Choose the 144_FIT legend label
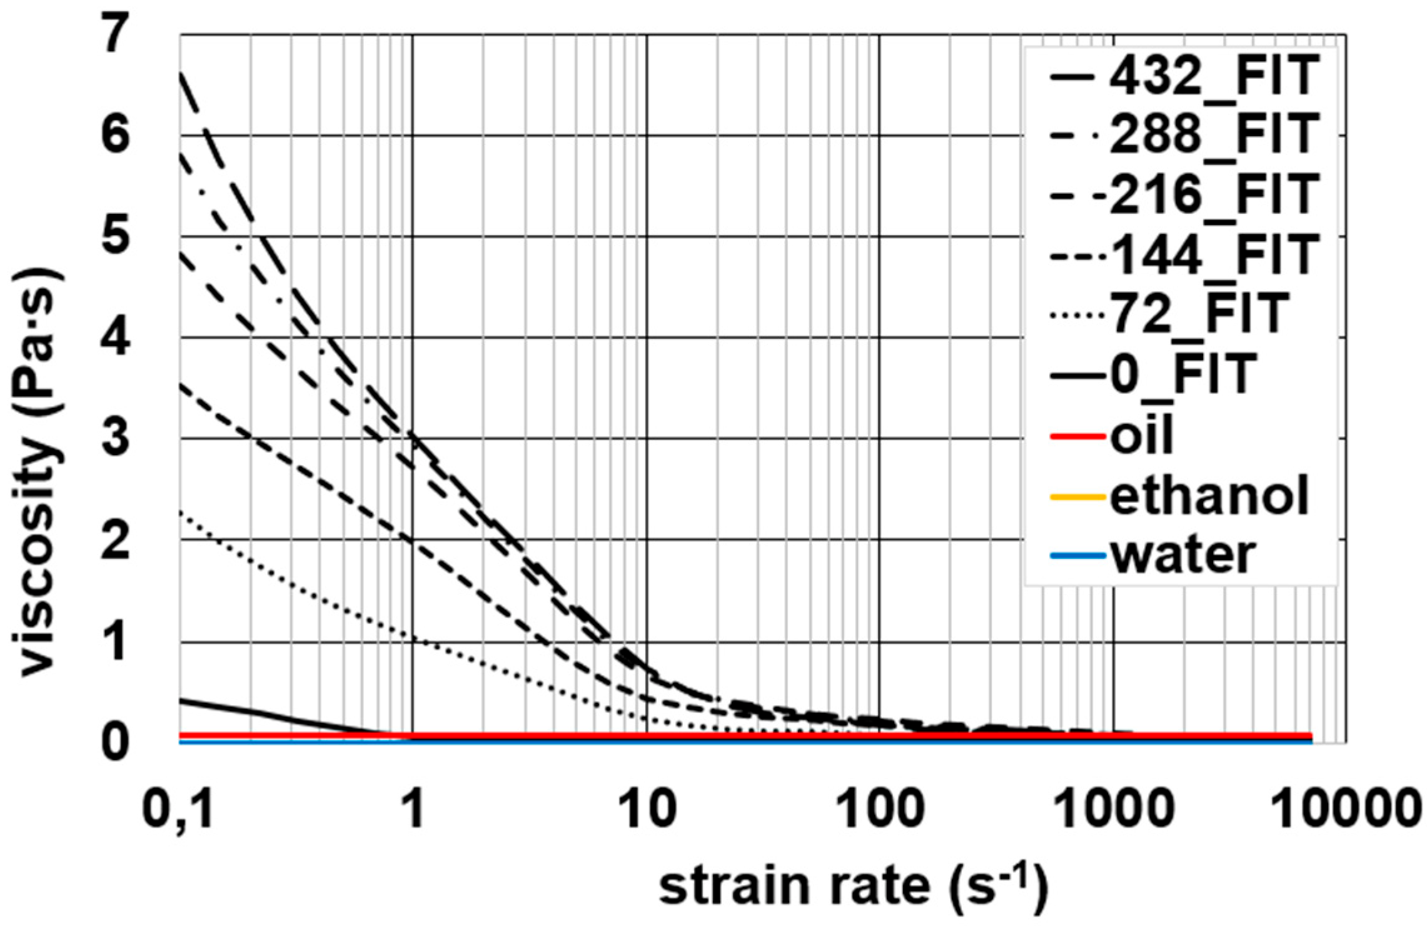[1213, 255]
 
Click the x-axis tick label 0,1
[178, 810]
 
